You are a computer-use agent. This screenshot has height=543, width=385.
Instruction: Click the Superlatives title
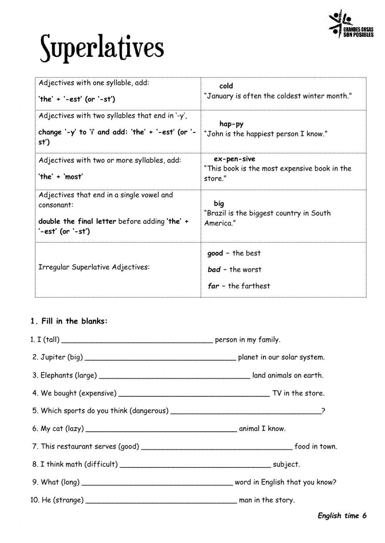(102, 48)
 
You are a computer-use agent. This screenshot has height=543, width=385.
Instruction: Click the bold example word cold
(226, 86)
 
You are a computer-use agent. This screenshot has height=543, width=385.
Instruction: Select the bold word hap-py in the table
(231, 124)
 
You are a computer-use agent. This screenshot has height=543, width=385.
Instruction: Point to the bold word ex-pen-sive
(234, 159)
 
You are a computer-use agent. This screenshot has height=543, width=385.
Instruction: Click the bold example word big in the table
(219, 203)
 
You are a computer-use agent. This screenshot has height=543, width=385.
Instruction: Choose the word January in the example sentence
(221, 96)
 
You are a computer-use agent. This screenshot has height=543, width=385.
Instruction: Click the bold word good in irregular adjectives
(215, 253)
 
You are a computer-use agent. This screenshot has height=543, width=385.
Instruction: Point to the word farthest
(256, 286)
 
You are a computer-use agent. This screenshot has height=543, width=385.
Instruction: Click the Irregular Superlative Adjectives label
(94, 267)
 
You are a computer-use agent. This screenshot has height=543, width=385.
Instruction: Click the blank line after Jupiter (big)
(160, 359)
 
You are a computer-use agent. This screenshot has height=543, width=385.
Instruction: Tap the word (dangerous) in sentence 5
(149, 411)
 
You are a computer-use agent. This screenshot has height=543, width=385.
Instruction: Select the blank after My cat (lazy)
(161, 430)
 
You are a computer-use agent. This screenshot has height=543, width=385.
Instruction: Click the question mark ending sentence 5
(323, 411)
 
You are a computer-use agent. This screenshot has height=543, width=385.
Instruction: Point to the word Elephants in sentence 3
(56, 375)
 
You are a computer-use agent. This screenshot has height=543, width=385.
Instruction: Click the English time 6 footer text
(342, 516)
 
